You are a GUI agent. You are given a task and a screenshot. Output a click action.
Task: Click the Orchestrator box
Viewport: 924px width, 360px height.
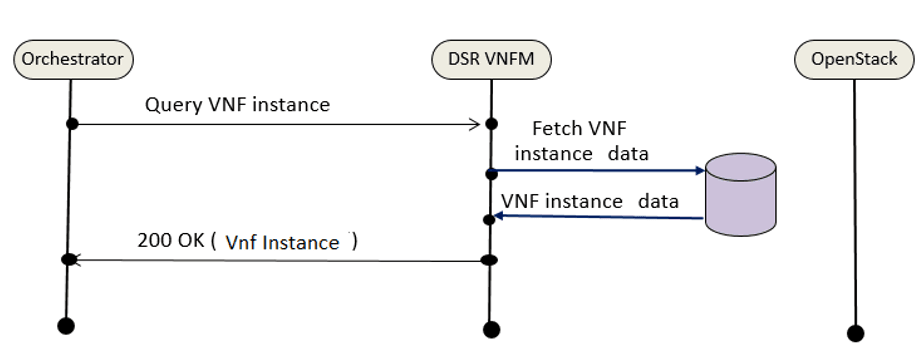point(72,59)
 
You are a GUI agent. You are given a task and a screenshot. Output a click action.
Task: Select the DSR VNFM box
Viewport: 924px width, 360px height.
point(491,59)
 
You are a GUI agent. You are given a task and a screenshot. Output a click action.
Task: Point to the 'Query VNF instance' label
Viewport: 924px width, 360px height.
point(237,103)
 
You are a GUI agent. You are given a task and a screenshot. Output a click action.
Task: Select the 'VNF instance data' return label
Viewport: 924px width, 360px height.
point(590,201)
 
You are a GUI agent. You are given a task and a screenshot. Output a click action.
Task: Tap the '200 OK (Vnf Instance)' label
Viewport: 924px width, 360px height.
point(248,241)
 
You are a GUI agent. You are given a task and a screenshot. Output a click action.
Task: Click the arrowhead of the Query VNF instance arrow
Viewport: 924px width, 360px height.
point(476,124)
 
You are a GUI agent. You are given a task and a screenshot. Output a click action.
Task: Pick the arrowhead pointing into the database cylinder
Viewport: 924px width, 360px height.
point(699,171)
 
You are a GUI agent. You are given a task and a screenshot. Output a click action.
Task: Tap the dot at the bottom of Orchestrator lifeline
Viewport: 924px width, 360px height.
point(66,325)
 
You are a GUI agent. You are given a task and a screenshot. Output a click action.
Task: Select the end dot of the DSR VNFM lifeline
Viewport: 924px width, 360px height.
point(490,329)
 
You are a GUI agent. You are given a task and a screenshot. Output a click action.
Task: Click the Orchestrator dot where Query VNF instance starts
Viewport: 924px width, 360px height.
point(72,123)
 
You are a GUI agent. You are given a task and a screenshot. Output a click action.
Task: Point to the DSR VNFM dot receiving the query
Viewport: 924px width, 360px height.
point(491,124)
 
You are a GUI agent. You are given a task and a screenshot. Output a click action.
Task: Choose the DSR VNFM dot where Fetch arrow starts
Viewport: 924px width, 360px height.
point(491,173)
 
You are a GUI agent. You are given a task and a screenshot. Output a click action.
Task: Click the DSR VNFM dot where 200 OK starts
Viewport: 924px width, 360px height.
point(490,260)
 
